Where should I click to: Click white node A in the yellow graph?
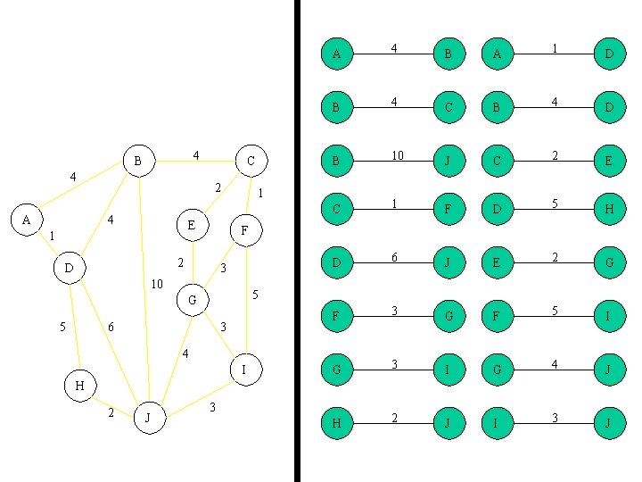27,219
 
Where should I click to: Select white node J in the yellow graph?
150,417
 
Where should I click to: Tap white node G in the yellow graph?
193,300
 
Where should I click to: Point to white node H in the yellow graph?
79,386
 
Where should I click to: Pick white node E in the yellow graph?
191,225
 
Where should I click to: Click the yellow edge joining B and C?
194,162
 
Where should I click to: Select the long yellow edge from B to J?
144,286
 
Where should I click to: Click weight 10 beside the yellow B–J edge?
157,285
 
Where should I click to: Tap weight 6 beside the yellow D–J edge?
111,328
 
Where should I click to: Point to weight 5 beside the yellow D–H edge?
62,328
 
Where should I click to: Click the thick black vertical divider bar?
297,241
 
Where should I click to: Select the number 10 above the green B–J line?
397,155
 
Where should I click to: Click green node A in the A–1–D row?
497,54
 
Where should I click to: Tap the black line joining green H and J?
392,423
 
